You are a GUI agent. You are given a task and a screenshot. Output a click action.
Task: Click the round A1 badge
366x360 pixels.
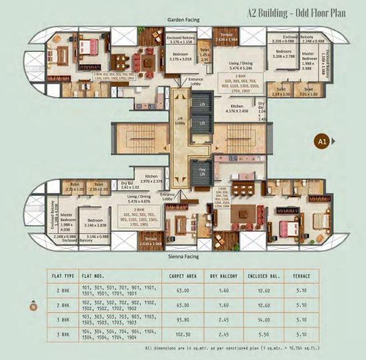321,140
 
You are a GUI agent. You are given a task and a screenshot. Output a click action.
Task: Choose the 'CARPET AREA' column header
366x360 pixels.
182,274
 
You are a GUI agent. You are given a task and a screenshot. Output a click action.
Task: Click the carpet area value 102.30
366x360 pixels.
182,335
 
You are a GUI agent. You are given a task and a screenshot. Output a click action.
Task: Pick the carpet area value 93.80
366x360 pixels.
182,320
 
